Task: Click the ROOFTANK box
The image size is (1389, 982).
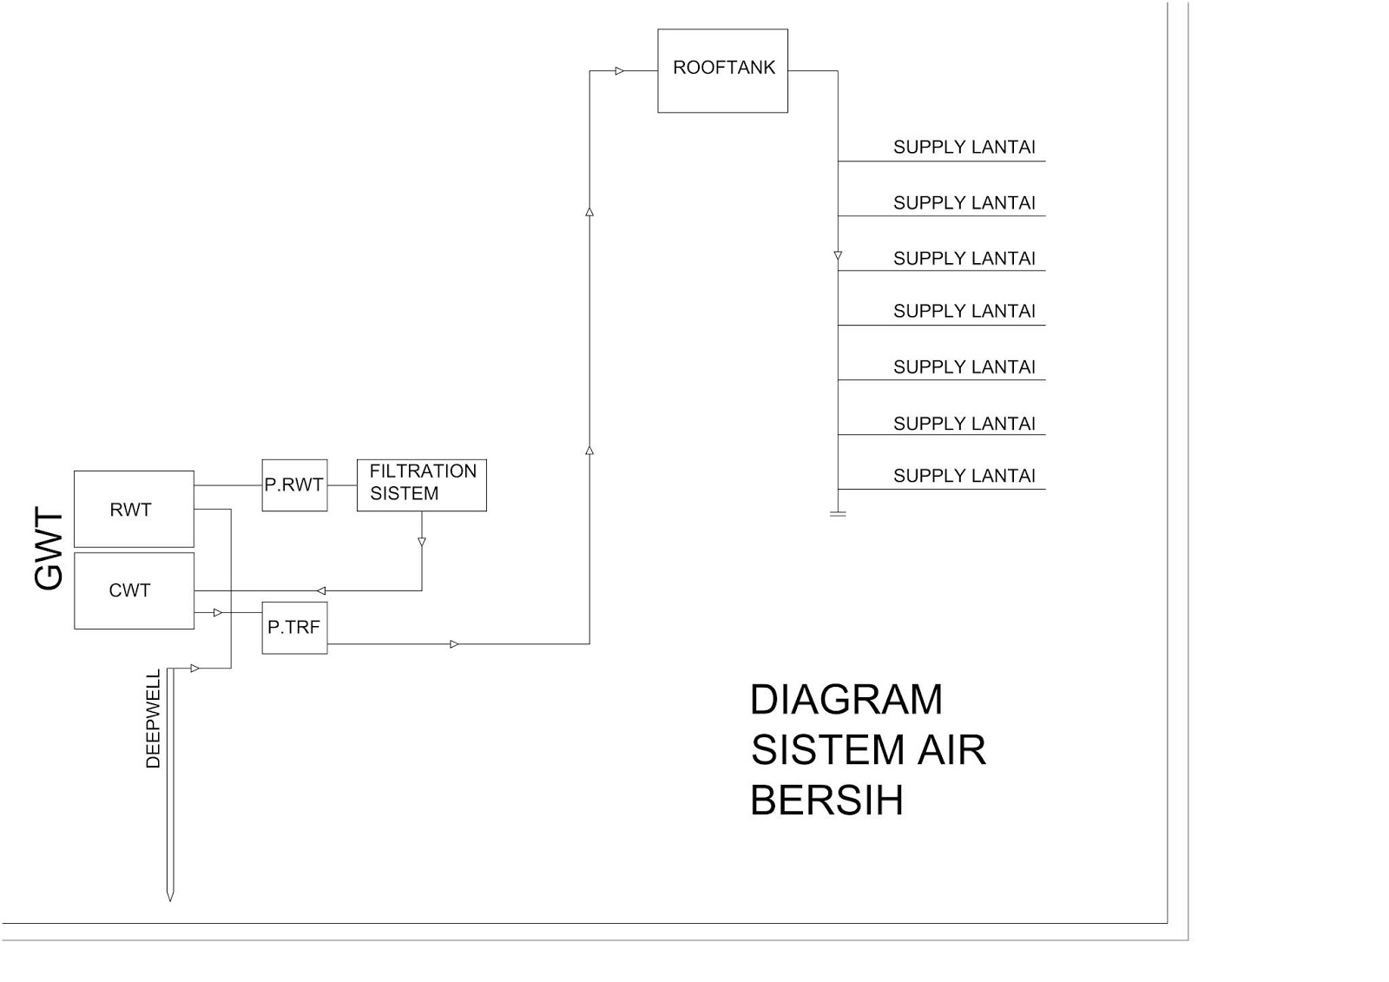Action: (722, 70)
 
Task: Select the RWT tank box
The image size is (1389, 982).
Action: (134, 509)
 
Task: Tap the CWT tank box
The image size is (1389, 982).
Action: (134, 590)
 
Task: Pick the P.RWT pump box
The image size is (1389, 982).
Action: (294, 484)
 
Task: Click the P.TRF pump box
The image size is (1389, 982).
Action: (294, 627)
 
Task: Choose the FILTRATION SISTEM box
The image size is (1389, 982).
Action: (421, 484)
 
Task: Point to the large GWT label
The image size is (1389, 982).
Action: (49, 550)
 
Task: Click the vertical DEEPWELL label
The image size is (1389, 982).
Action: (154, 719)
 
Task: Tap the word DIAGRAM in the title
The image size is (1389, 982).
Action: (846, 700)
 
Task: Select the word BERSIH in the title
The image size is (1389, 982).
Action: (826, 801)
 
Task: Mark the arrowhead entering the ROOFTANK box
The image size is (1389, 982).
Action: (620, 71)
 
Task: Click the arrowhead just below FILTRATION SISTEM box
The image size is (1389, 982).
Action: (422, 542)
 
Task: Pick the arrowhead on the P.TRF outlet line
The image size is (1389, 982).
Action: (454, 644)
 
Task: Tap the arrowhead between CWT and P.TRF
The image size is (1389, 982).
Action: (218, 613)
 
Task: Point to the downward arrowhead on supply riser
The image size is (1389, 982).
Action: (838, 256)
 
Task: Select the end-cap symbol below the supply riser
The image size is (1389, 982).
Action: (838, 514)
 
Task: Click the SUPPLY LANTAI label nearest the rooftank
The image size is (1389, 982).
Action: (964, 148)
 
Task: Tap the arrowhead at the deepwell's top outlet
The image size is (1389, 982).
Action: (195, 669)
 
